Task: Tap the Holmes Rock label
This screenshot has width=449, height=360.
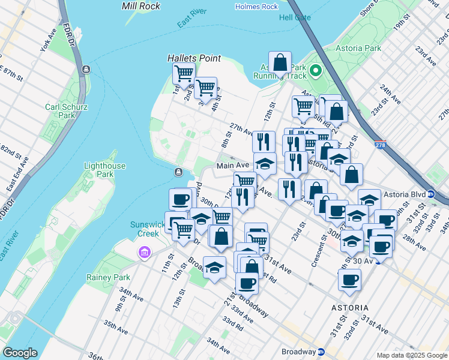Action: click(x=257, y=7)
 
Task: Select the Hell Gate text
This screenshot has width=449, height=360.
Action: click(x=294, y=17)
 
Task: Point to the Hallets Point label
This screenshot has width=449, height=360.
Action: click(x=194, y=59)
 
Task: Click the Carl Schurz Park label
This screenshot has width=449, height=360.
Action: click(x=67, y=112)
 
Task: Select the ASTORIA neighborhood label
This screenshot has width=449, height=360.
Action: click(x=350, y=308)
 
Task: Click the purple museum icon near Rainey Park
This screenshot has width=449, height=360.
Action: click(x=143, y=253)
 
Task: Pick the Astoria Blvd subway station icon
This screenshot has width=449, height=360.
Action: click(x=431, y=194)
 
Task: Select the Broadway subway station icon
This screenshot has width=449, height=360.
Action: click(x=321, y=352)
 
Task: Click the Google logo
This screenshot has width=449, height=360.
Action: click(x=20, y=353)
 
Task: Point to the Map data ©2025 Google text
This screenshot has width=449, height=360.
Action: click(x=412, y=355)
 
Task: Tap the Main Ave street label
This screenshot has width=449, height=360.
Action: click(x=232, y=166)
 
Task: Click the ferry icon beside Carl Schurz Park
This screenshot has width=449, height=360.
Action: click(x=88, y=70)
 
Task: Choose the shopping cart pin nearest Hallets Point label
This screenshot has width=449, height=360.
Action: click(x=183, y=74)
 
